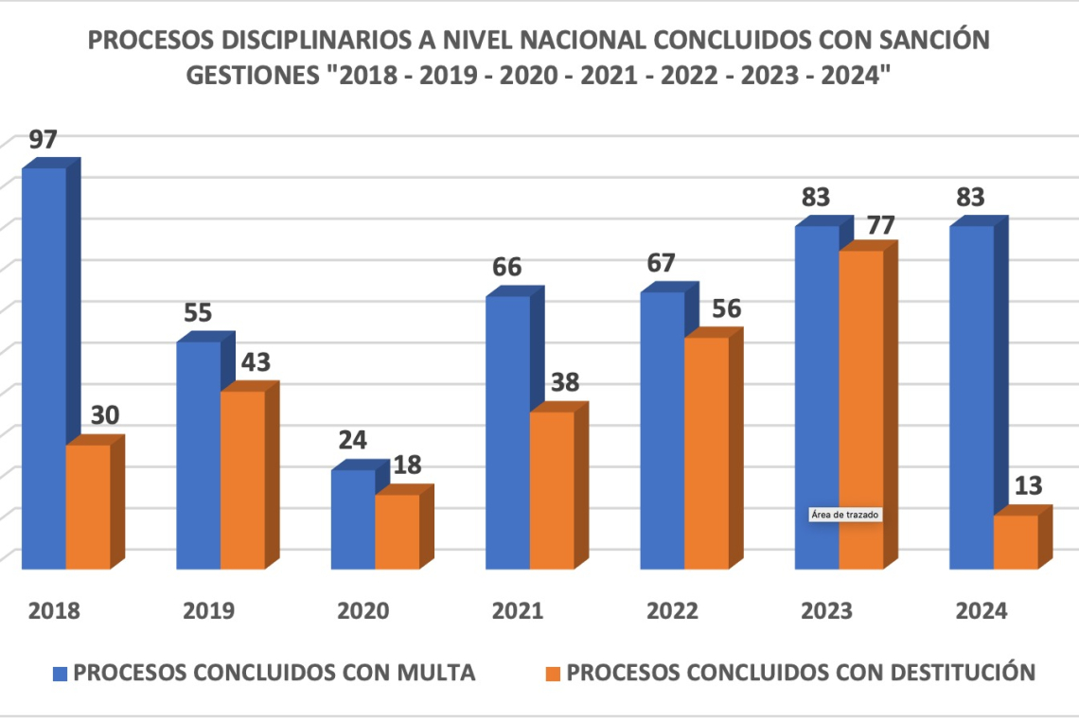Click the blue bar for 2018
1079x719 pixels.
coord(44,369)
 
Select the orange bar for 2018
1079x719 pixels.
coord(87,507)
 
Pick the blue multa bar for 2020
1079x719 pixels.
coord(352,519)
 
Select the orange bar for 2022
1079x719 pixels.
coord(706,453)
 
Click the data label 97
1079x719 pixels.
coord(44,140)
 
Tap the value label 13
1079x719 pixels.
coord(1028,486)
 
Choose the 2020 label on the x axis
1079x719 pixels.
coord(363,610)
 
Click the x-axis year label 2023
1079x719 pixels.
coord(826,610)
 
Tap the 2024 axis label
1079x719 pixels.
coord(982,610)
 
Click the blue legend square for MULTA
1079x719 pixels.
coord(61,674)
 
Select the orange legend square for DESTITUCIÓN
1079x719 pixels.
coord(555,674)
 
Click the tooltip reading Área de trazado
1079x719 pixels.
coord(845,516)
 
